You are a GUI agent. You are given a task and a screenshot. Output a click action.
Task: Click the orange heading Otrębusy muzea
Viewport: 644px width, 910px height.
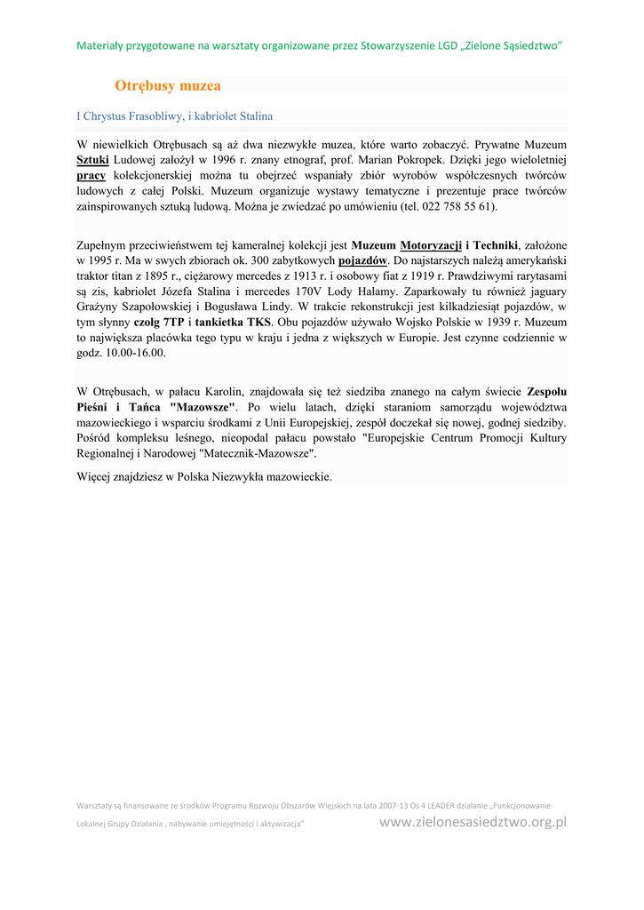coord(167,86)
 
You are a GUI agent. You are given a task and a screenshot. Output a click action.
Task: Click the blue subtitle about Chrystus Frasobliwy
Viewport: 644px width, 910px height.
coord(174,116)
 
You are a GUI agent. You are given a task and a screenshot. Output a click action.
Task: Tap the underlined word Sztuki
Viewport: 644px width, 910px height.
coord(92,159)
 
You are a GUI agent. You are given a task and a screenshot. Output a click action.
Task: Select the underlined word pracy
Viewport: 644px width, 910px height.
coord(91,175)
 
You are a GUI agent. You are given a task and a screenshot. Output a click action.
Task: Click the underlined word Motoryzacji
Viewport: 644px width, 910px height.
coord(431,245)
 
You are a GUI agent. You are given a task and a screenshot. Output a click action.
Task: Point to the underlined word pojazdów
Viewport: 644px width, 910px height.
coord(362,260)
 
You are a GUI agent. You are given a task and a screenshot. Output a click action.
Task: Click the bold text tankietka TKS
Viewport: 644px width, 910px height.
coord(234,322)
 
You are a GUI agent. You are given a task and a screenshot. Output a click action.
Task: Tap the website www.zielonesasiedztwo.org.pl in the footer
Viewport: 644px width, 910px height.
coord(473,822)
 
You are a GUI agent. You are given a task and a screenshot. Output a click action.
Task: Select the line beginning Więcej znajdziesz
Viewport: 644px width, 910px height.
coord(204,476)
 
